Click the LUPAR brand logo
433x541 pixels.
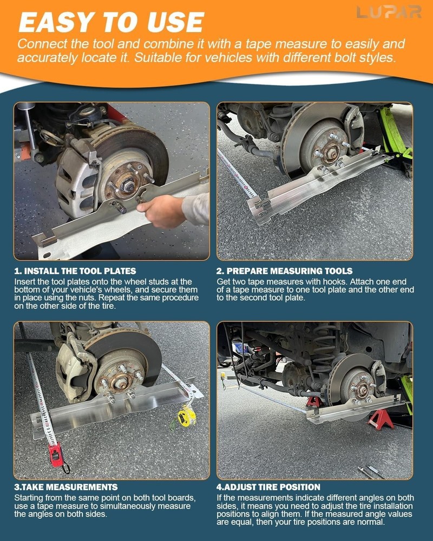[x=389, y=12]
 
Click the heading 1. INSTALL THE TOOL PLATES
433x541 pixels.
[x=75, y=270]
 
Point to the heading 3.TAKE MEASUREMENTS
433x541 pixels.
[x=65, y=487]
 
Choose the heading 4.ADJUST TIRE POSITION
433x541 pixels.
[x=268, y=487]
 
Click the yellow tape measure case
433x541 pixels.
[x=187, y=415]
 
